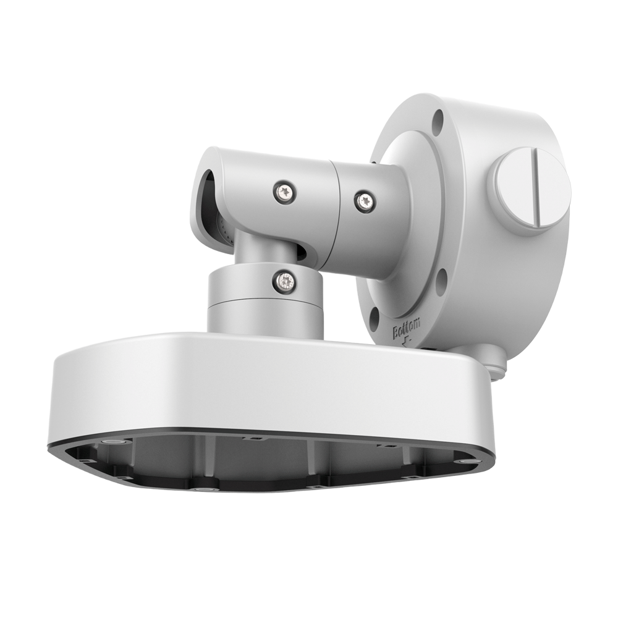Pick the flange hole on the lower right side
(441, 282)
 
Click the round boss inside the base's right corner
(463, 460)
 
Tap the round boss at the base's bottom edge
(199, 489)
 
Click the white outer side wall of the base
(247, 389)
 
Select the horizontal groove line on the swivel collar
(266, 302)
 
